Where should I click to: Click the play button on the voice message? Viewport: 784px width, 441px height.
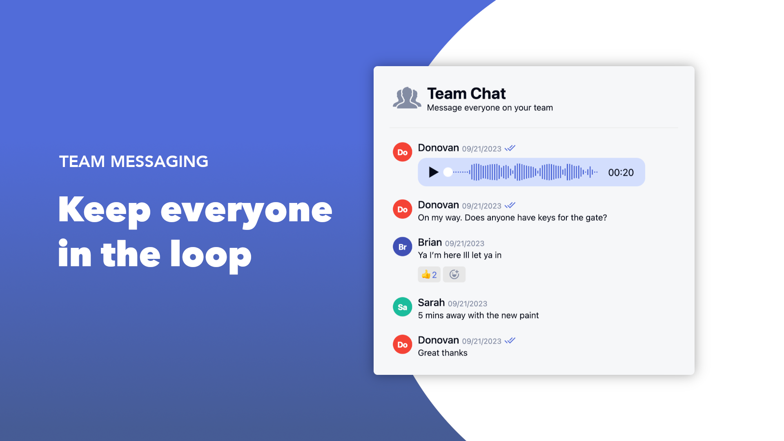pos(434,172)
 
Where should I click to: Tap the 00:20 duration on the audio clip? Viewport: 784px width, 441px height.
pos(621,173)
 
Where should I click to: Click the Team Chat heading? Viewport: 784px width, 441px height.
pos(466,94)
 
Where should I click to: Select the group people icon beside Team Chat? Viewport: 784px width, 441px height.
pos(407,98)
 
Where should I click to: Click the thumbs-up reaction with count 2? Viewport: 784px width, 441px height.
pos(429,274)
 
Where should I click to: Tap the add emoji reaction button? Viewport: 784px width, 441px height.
pos(454,274)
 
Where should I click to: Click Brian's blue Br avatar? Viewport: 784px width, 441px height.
pos(403,247)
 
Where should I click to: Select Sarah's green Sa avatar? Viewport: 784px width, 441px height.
pos(403,307)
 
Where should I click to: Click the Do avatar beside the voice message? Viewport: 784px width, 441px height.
pos(403,152)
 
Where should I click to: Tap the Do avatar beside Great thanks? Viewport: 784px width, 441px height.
pos(403,345)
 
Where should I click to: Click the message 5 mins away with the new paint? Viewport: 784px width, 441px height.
pos(478,315)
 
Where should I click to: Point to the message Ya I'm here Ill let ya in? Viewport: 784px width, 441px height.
pos(460,255)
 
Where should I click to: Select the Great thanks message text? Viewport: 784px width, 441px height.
pos(443,353)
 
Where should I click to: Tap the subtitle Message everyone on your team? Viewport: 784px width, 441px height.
pos(490,108)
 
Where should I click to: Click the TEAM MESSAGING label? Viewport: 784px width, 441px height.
pos(134,161)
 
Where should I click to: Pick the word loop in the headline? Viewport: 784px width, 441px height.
pos(211,256)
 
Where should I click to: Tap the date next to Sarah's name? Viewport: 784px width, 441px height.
pos(468,304)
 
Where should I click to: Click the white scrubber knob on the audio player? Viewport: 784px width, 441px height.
pos(448,172)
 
